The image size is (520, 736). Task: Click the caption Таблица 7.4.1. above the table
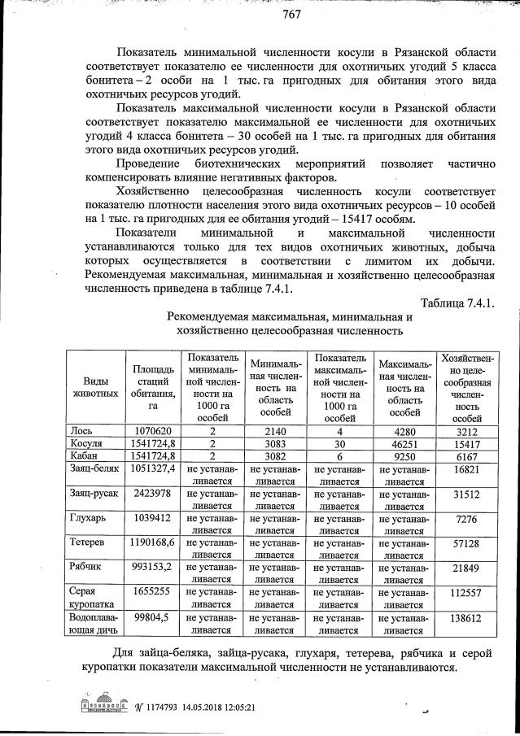[x=458, y=303]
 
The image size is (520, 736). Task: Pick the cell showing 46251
[x=401, y=443]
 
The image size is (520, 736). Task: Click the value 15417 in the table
[x=465, y=443]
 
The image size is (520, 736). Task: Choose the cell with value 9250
[x=401, y=456]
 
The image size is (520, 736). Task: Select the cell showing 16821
[x=465, y=470]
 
